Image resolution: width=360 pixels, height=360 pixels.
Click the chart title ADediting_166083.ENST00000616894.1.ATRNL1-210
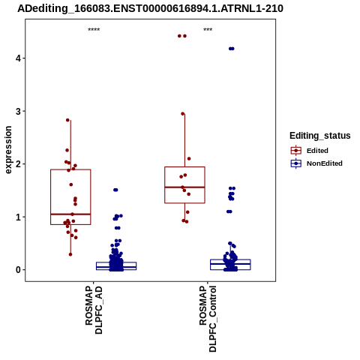tap(150, 8)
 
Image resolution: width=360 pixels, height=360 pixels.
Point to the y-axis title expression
tap(8, 150)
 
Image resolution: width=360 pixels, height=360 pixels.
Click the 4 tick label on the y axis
tap(18, 58)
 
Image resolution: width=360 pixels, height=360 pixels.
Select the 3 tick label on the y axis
tap(18, 111)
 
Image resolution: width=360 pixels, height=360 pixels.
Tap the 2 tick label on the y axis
tap(18, 164)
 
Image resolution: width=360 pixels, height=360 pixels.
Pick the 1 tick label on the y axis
tap(18, 217)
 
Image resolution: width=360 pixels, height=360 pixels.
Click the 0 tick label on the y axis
tap(18, 270)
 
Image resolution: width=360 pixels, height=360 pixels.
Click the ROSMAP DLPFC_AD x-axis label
tap(94, 310)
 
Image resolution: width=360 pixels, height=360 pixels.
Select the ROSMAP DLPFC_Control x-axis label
tap(208, 319)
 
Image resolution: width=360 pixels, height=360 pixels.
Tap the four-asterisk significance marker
tap(94, 30)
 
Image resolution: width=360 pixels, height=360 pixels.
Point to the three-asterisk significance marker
tap(208, 30)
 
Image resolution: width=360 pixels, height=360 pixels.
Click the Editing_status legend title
tap(320, 136)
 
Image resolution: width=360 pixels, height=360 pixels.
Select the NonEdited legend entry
tap(316, 163)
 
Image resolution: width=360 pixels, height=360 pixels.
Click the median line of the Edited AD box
tap(70, 214)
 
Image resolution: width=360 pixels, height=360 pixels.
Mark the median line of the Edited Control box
tap(184, 187)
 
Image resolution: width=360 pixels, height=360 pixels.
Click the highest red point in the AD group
tap(67, 120)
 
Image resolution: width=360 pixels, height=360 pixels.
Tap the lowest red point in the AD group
tap(70, 254)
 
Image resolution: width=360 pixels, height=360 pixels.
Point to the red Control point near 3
tap(183, 114)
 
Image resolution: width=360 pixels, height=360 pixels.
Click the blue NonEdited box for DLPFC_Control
tap(230, 265)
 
